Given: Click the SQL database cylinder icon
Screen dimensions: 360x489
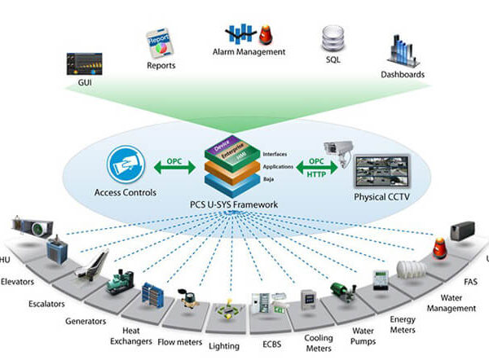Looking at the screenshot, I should [x=333, y=37].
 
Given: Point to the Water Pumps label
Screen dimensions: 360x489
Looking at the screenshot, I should [x=363, y=336].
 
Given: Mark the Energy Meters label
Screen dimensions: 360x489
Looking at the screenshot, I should [x=402, y=324].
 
